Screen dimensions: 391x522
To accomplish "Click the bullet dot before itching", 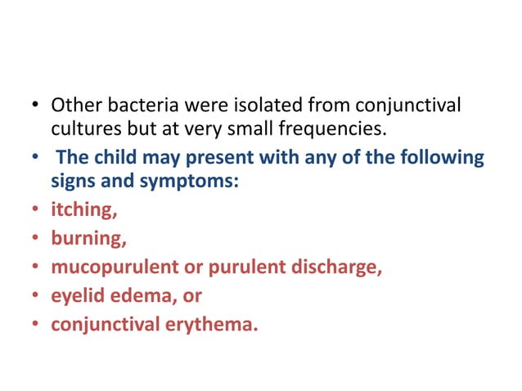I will pyautogui.click(x=36, y=211).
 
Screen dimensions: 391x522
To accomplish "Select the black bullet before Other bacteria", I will pyautogui.click(x=36, y=106).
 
